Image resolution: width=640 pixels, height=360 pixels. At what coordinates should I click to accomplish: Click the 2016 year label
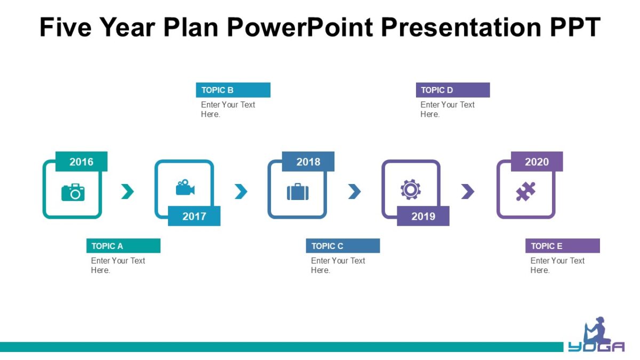click(81, 162)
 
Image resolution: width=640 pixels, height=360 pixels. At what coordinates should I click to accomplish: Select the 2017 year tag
click(194, 216)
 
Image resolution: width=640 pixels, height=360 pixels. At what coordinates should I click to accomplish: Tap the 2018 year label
click(308, 162)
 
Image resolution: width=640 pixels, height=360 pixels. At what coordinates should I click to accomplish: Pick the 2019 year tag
click(423, 216)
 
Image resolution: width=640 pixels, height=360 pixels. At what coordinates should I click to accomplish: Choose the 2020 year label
click(537, 162)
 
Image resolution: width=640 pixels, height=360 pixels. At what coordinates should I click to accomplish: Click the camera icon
click(73, 191)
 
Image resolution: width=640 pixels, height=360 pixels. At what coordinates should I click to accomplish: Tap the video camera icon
click(185, 188)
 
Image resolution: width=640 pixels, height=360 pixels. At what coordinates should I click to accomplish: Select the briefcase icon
click(298, 191)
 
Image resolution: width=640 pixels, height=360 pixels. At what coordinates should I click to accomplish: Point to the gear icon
click(411, 189)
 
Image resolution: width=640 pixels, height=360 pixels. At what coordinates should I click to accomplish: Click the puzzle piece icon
click(525, 191)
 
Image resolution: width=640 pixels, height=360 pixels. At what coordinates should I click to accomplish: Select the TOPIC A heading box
click(123, 246)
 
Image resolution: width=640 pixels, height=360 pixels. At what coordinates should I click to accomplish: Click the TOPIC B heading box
click(233, 90)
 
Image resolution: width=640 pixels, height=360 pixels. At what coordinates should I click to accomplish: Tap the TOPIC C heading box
click(343, 246)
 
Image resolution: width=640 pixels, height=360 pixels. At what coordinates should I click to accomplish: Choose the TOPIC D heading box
click(453, 90)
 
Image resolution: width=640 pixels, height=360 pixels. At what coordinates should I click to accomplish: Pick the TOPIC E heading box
click(563, 246)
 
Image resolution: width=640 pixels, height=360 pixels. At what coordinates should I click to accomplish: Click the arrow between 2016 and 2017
click(127, 191)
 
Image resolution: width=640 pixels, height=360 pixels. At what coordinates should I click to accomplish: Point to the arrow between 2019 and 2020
click(468, 191)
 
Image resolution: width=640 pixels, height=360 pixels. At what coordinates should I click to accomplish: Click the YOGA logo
click(596, 335)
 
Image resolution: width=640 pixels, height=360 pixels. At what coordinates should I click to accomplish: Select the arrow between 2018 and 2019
click(355, 191)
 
